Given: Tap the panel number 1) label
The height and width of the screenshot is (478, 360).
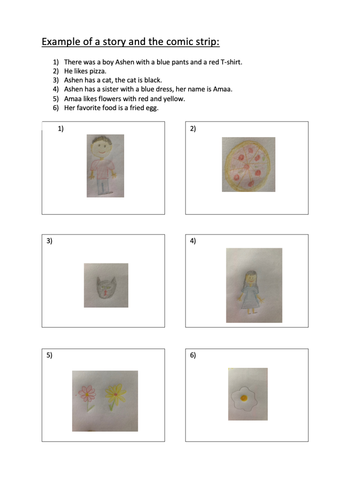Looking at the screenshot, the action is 61,129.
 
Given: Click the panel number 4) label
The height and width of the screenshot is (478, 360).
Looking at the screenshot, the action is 193,241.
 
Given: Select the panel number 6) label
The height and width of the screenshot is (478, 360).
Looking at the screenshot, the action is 193,355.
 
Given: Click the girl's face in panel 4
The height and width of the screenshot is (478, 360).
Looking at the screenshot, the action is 251,278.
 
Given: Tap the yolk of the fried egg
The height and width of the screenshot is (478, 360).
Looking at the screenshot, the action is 243,398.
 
